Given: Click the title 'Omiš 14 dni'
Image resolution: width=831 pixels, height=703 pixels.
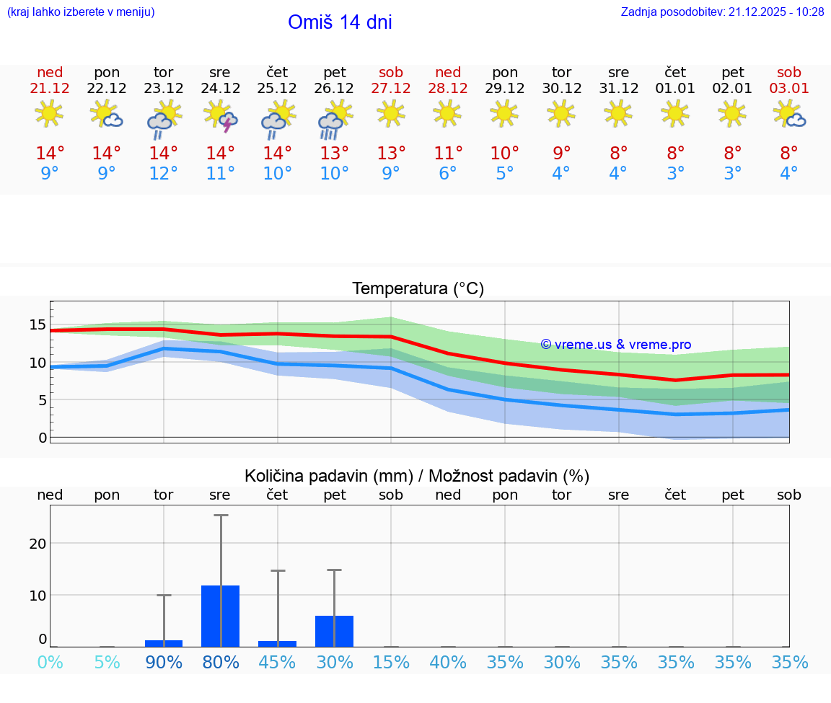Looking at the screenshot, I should pyautogui.click(x=340, y=22).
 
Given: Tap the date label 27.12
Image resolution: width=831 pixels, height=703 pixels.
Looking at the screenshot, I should pyautogui.click(x=391, y=88).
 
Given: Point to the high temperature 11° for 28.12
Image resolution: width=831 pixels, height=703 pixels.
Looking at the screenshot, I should pyautogui.click(x=448, y=153).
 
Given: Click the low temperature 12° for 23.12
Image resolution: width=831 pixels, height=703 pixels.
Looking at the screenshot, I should pyautogui.click(x=164, y=174).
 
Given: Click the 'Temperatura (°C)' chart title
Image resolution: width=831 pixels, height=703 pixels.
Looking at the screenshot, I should pyautogui.click(x=418, y=289).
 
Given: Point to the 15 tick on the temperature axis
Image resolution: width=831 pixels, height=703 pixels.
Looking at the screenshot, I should pyautogui.click(x=38, y=324).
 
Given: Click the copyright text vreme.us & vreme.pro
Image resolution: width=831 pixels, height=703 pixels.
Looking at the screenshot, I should pyautogui.click(x=616, y=345).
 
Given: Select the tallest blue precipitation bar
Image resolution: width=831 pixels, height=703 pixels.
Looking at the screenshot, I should pyautogui.click(x=221, y=616).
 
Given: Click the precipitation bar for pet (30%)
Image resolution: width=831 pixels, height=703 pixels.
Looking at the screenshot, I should pyautogui.click(x=334, y=631).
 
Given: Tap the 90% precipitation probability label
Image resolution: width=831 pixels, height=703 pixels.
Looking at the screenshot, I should pyautogui.click(x=164, y=662).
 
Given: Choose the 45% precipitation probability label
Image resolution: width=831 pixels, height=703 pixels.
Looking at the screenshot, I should pyautogui.click(x=278, y=662).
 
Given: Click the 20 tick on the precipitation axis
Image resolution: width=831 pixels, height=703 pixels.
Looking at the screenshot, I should pyautogui.click(x=38, y=543).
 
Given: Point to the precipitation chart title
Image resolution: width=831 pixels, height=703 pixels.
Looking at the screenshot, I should pyautogui.click(x=417, y=476).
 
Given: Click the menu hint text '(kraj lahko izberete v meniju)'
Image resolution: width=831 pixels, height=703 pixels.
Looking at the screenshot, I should pyautogui.click(x=81, y=12).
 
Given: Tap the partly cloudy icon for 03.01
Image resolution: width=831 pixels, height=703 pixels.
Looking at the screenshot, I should pyautogui.click(x=789, y=114).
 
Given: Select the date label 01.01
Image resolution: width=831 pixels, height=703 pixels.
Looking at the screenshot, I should pyautogui.click(x=675, y=88).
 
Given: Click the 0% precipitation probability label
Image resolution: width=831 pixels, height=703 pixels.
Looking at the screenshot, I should pyautogui.click(x=50, y=662).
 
